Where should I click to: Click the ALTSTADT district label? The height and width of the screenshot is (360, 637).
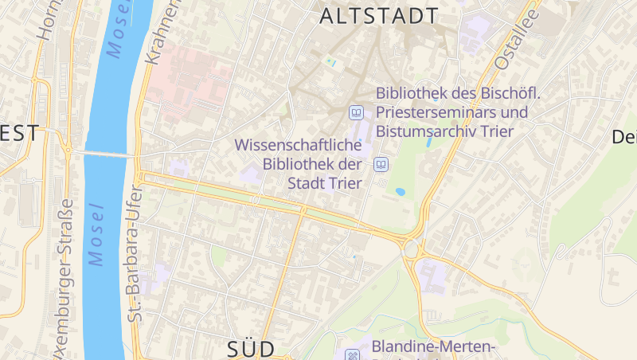[x=379, y=16]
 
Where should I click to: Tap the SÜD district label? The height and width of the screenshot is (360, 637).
[x=251, y=349]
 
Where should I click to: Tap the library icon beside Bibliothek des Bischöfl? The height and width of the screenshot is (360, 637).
[x=357, y=112]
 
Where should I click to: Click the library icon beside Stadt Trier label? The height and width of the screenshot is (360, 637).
[x=381, y=165]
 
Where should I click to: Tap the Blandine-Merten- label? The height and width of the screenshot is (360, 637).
[x=434, y=346]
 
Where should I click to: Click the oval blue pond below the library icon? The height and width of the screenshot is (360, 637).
[x=400, y=192]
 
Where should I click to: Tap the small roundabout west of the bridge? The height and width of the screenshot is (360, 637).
[x=68, y=150]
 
